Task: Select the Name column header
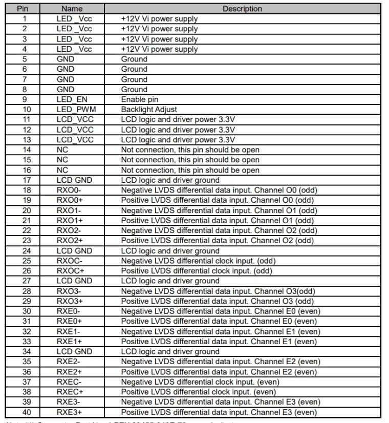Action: (72, 9)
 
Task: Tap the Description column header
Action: (242, 9)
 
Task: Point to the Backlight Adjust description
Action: (149, 110)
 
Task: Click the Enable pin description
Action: (140, 99)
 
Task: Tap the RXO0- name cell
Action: (68, 190)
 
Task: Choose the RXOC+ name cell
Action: (69, 271)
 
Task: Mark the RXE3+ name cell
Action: (68, 412)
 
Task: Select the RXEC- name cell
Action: (68, 382)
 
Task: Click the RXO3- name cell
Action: (68, 291)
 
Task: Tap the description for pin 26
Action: (197, 271)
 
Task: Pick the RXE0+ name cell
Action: (68, 321)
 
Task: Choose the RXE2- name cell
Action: (68, 362)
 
